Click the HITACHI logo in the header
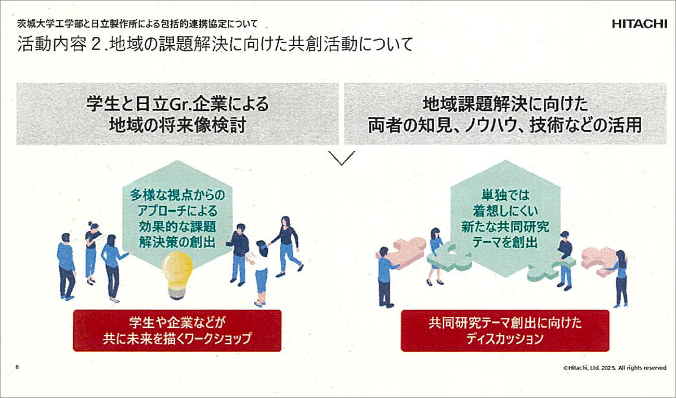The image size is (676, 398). [640, 24]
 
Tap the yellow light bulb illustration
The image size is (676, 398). [177, 275]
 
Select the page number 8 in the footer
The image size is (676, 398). [17, 367]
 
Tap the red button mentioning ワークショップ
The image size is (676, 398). [177, 330]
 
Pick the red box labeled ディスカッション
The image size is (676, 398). [505, 330]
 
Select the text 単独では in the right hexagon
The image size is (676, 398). [505, 195]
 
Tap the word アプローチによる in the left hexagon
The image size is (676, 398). [177, 211]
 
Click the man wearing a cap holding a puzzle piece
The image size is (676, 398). [564, 260]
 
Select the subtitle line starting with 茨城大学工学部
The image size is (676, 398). [138, 24]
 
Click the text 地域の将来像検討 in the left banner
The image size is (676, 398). [178, 125]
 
